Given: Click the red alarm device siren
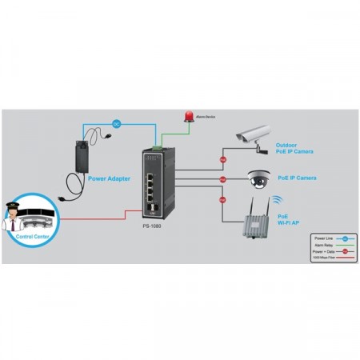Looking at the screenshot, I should [189, 116].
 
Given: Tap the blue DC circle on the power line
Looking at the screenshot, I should [115, 123].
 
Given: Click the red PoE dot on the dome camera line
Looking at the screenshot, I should [223, 179].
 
